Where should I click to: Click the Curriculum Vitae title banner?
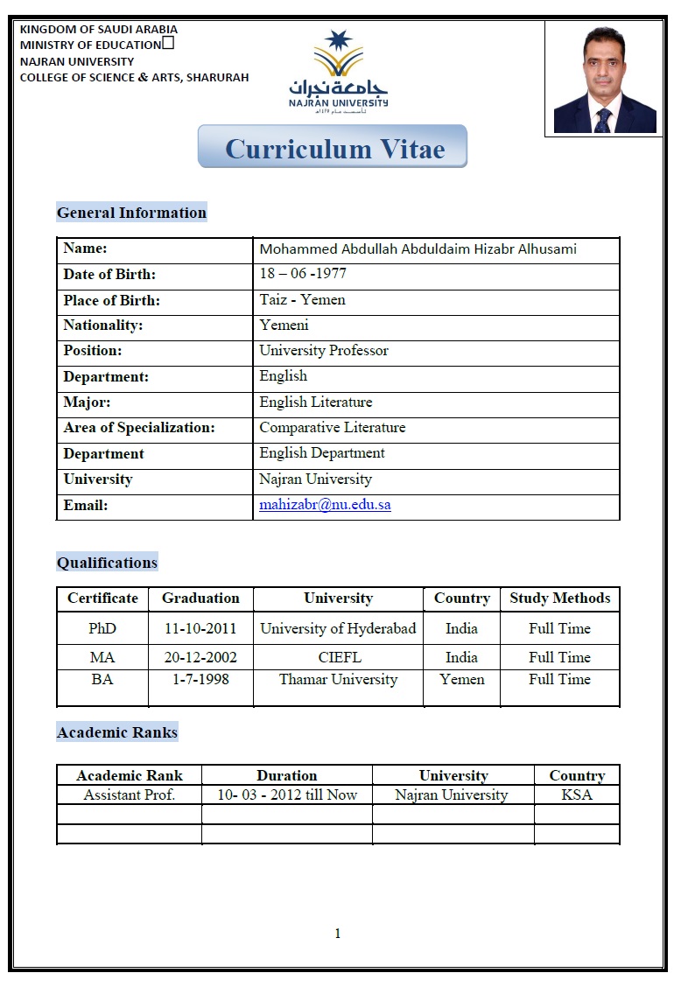[x=333, y=147]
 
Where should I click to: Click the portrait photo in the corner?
[x=604, y=79]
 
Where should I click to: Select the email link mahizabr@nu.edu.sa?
[x=325, y=506]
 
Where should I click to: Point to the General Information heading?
[x=131, y=213]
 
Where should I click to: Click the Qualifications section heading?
[x=107, y=563]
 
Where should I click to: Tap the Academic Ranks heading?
[x=116, y=732]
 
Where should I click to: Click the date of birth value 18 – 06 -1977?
[x=303, y=274]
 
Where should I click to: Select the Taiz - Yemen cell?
[x=302, y=299]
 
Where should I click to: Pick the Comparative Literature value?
[x=332, y=428]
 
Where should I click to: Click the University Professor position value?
[x=323, y=351]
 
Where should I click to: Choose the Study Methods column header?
[x=559, y=598]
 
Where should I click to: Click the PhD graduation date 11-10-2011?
[x=200, y=629]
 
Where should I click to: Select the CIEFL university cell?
[x=339, y=657]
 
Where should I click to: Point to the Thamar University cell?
[x=338, y=680]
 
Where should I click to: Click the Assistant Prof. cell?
[x=129, y=795]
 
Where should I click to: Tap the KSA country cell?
[x=576, y=795]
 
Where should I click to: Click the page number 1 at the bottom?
[x=338, y=934]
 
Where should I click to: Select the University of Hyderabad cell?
[x=338, y=629]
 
